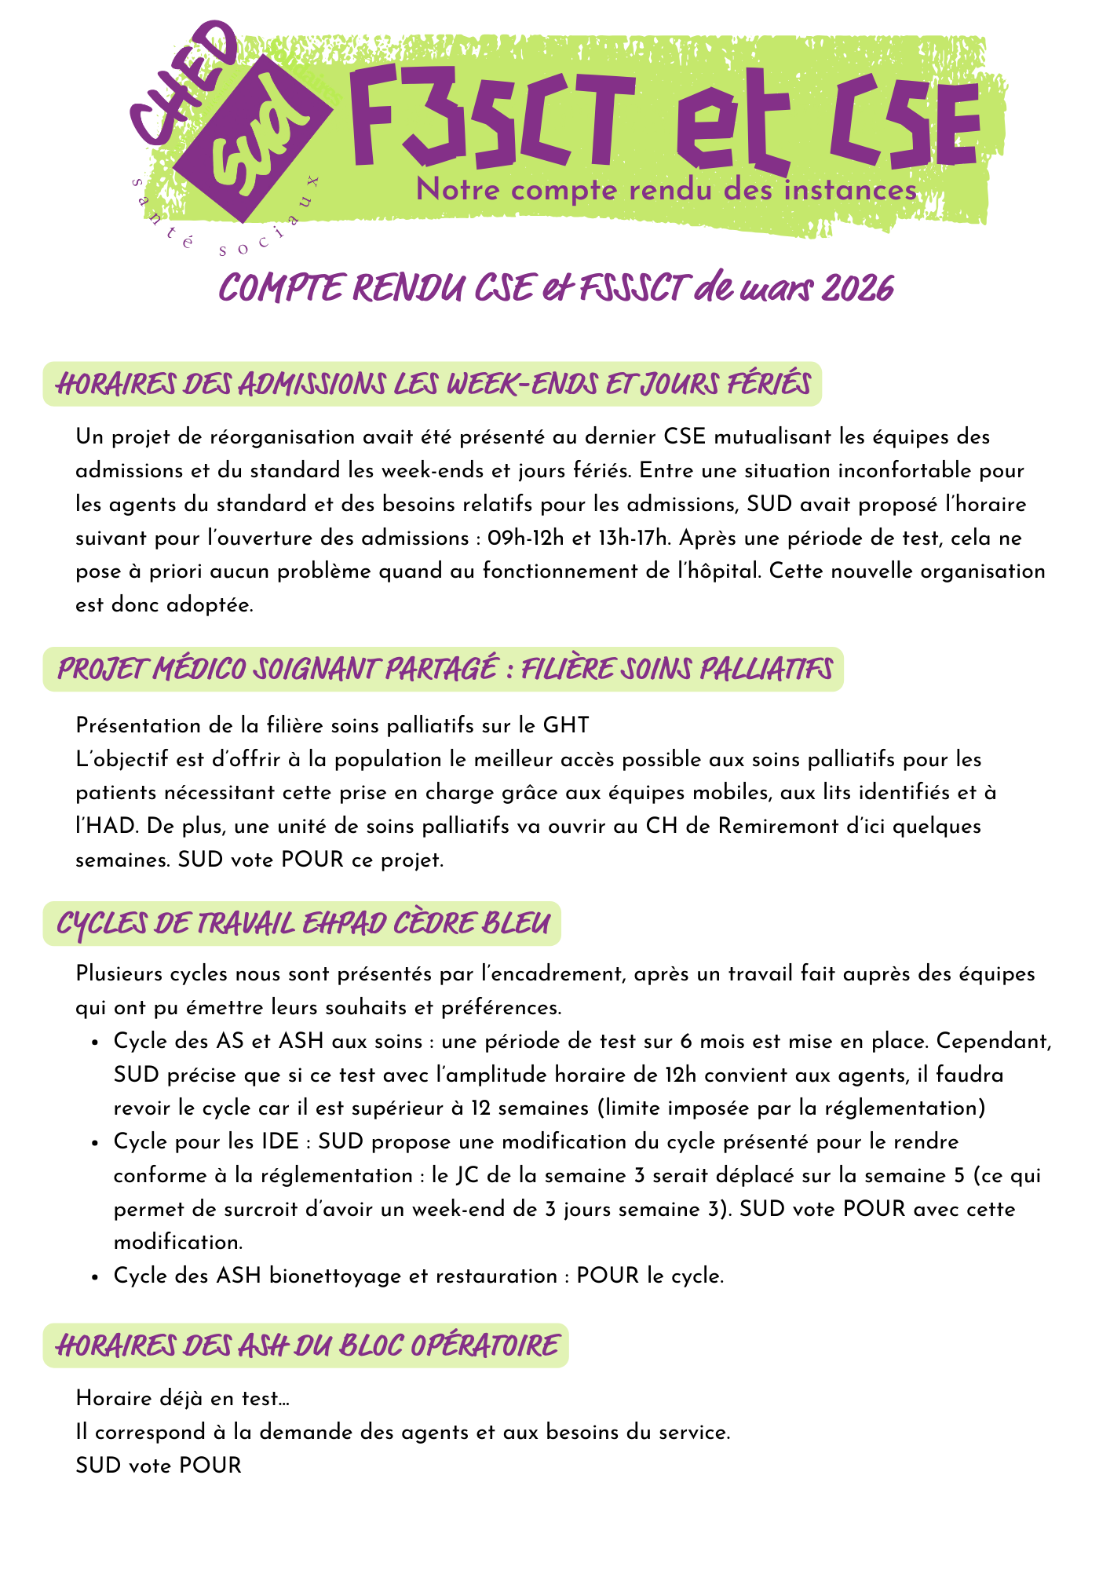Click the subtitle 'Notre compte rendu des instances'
(x=666, y=191)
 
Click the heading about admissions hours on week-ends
(x=433, y=385)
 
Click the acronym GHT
(x=565, y=725)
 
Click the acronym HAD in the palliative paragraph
(x=101, y=826)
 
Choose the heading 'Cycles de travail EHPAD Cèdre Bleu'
(x=302, y=924)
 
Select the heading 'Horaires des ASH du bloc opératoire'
(x=306, y=1345)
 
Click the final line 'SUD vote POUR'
(x=159, y=1465)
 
